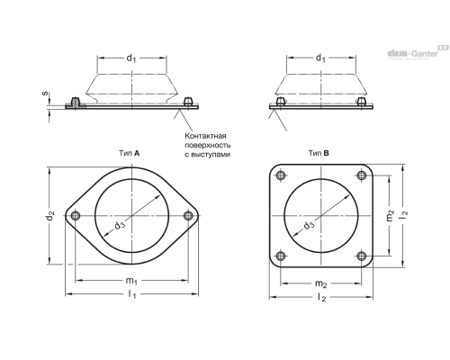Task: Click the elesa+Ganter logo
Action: (418, 52)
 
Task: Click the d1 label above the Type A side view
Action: (131, 58)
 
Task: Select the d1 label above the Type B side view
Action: (320, 58)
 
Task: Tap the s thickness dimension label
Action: (45, 94)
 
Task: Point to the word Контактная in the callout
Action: (205, 136)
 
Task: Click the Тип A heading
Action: (130, 153)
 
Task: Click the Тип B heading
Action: (319, 153)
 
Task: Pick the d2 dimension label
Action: (50, 216)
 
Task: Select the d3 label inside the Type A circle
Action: (120, 225)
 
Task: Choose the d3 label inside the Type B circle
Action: (309, 225)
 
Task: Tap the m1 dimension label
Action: (131, 281)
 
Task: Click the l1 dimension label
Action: (132, 294)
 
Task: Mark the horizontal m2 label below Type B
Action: (320, 283)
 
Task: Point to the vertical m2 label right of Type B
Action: (390, 215)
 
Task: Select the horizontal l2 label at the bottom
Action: (321, 298)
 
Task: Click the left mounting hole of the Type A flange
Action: (76, 216)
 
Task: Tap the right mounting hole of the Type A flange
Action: (188, 216)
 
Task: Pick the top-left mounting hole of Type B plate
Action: (281, 175)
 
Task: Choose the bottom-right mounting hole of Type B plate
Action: (362, 256)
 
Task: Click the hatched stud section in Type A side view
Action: (76, 103)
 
